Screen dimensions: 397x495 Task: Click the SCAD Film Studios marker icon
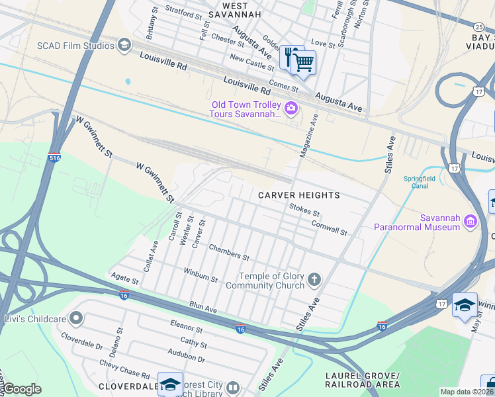click(x=123, y=45)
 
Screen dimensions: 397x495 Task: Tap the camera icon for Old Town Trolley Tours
click(x=291, y=107)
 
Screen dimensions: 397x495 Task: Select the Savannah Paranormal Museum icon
click(x=471, y=220)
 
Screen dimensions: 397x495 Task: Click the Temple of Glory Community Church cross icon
click(x=314, y=280)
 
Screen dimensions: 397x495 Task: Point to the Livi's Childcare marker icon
click(x=77, y=319)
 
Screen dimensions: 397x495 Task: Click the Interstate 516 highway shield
click(x=55, y=159)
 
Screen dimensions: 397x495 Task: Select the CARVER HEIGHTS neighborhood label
click(x=298, y=195)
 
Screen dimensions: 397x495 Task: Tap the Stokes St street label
click(x=304, y=210)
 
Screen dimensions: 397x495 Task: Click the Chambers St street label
click(x=229, y=252)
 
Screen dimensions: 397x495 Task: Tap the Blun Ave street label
click(x=203, y=308)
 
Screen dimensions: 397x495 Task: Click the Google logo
click(x=21, y=389)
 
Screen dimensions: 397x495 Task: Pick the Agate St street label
click(x=125, y=281)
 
